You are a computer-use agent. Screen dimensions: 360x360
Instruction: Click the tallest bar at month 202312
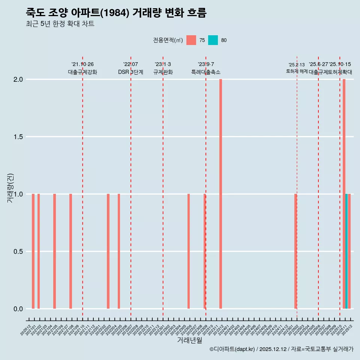(x=220, y=194)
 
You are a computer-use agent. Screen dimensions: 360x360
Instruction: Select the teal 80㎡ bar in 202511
(x=346, y=251)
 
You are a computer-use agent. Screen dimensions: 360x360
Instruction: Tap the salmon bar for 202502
(x=295, y=251)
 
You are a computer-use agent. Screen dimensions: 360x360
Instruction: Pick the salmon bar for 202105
(x=54, y=251)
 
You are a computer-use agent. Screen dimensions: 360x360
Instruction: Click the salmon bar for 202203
(x=108, y=251)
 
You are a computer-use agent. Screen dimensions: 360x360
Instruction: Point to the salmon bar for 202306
(x=189, y=251)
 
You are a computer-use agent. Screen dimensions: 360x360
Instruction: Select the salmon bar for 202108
(x=70, y=251)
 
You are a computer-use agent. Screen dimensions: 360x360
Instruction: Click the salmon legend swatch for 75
(x=191, y=40)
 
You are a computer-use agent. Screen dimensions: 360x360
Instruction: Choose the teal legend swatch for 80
(x=213, y=40)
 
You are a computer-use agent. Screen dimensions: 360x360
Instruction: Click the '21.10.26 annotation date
(x=82, y=64)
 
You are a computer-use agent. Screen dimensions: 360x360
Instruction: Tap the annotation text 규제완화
(x=163, y=72)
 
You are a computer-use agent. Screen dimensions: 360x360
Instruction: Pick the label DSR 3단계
(x=130, y=72)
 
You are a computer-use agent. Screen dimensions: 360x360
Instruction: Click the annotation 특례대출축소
(x=206, y=72)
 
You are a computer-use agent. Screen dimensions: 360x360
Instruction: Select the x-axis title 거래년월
(x=189, y=340)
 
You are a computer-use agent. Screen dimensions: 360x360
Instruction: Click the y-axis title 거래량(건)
(x=10, y=188)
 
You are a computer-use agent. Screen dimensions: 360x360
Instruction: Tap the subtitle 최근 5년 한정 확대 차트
(x=60, y=24)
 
